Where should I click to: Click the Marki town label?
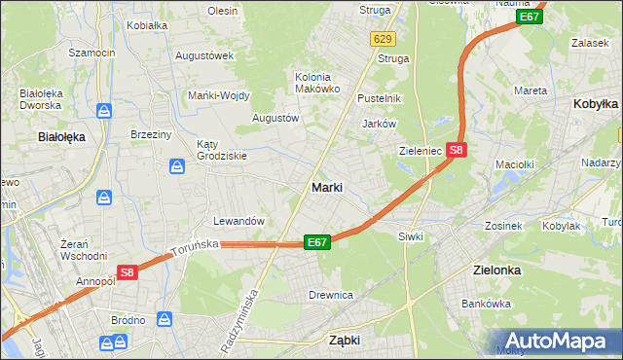[326, 187]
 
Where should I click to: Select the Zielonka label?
[495, 270]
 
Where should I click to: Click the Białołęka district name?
[61, 137]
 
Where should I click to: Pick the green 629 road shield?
[383, 39]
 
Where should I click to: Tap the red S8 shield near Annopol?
[128, 273]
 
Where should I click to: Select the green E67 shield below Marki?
[317, 242]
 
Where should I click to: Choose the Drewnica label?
[330, 295]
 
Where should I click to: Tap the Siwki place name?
[410, 235]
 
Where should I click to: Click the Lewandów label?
[239, 221]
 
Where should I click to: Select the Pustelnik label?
[380, 98]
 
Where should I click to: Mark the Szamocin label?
[92, 52]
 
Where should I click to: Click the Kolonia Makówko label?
[317, 83]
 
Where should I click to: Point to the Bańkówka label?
[486, 304]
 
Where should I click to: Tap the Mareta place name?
[530, 90]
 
